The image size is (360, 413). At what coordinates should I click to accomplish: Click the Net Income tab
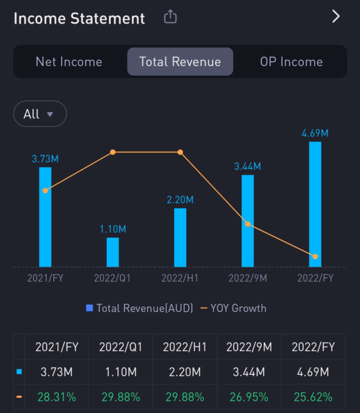pos(69,62)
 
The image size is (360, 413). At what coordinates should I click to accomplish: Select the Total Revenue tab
pos(180,62)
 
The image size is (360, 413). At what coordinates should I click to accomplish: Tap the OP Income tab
pos(291,62)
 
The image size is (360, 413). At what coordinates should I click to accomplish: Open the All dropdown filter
pos(40,114)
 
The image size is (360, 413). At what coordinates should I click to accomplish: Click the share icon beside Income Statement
pos(170,18)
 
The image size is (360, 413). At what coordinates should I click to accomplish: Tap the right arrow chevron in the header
pos(336,17)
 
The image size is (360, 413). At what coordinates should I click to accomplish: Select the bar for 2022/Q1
pos(113,252)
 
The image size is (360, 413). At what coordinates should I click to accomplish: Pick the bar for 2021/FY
pos(45,217)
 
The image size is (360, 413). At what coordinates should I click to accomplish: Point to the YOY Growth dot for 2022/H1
pos(180,152)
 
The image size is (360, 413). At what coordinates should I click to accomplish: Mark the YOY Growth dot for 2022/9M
pos(248,224)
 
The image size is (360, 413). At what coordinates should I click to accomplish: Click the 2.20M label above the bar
pos(180,200)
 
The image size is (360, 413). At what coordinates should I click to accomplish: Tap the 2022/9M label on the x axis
pos(248,278)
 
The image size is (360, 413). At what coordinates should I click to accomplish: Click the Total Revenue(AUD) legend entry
pos(139,308)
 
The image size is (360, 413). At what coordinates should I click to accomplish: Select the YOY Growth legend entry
pos(233,308)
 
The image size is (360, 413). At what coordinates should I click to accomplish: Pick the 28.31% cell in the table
pos(56,397)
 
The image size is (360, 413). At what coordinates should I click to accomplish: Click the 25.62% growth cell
pos(313,397)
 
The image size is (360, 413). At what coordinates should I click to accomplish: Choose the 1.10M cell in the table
pos(120,372)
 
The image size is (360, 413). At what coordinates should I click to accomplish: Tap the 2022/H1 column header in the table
pos(185,347)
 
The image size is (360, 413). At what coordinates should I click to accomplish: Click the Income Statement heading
pos(79,18)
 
